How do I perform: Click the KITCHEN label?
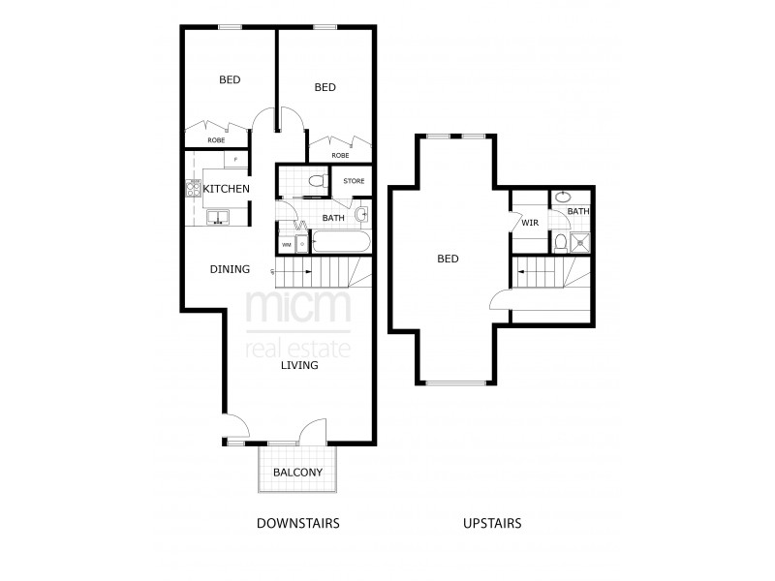point(227,188)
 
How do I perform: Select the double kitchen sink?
point(217,218)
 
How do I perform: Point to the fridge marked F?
point(235,160)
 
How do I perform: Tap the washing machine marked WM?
point(287,244)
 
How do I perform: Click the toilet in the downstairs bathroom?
point(315,180)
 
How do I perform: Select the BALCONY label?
point(297,473)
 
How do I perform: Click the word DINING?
point(230,269)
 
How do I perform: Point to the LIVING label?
point(299,365)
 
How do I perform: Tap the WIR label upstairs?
point(529,223)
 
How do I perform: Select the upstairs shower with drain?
point(580,241)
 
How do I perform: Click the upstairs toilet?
point(561,241)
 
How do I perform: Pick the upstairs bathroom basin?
point(562,197)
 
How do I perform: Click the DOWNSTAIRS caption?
point(297,523)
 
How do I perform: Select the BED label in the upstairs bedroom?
point(448,259)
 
